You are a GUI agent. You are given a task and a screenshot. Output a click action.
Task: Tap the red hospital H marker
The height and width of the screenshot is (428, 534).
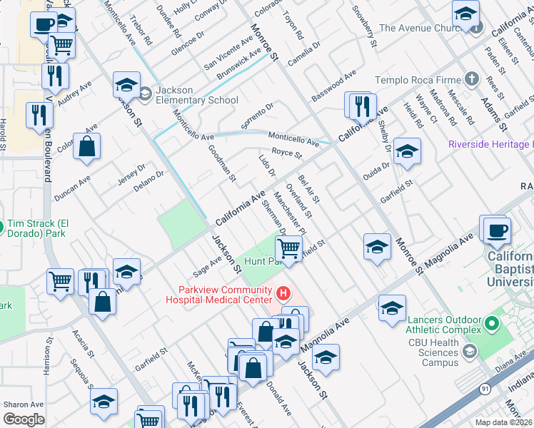(284, 293)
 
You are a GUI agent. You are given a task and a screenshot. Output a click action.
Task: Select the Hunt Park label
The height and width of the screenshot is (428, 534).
(259, 262)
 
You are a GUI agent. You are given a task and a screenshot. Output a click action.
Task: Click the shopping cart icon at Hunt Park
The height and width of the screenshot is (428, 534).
(288, 248)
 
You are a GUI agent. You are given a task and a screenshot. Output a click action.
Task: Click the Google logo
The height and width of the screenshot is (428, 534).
(24, 419)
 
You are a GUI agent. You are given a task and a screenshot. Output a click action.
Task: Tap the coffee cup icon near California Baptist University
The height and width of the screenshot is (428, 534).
(496, 230)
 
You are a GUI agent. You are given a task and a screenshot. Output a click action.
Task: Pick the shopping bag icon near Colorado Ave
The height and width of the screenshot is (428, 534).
(86, 148)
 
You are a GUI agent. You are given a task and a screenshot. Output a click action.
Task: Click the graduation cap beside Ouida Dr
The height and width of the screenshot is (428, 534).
(407, 151)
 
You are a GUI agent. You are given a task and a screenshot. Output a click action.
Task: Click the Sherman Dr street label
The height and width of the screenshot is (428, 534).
(273, 216)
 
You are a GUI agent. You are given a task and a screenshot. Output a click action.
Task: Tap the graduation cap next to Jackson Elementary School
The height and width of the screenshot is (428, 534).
(126, 86)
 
